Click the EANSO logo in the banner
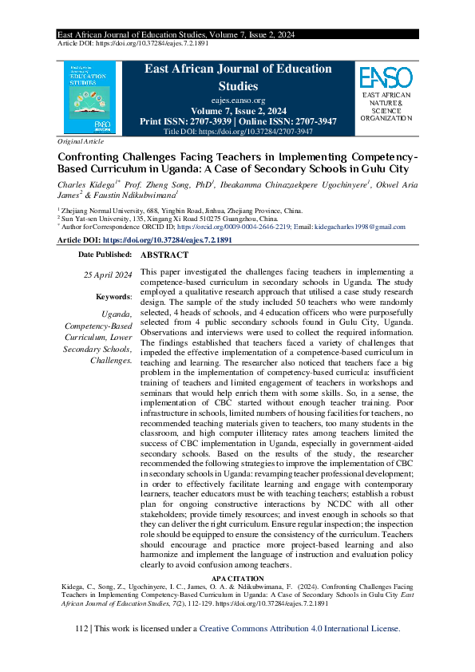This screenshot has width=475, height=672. [x=386, y=77]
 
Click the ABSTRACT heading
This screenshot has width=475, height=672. [x=164, y=255]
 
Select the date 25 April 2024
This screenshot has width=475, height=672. [x=108, y=275]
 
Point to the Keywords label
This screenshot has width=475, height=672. [x=113, y=296]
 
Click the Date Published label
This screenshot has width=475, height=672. [x=105, y=255]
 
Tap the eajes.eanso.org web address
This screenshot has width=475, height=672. [x=237, y=101]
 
